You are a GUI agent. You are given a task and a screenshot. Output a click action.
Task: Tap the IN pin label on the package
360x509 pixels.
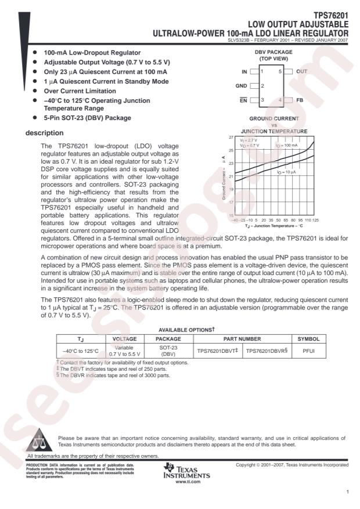tap(245, 71)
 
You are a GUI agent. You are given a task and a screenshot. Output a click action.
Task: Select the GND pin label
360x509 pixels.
tap(242, 85)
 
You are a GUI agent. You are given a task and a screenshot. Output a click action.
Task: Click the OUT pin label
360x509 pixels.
tap(302, 71)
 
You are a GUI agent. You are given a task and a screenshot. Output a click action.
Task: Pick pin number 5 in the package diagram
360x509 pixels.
tap(280, 71)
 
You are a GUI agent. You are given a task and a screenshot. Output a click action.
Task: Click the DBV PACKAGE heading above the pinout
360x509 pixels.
tap(273, 52)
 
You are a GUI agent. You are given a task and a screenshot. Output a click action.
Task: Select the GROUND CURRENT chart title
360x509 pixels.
tap(273, 118)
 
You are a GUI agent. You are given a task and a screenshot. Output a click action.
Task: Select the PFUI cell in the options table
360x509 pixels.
tap(309, 351)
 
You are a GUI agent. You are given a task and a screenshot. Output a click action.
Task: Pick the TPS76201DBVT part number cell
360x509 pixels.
tap(216, 351)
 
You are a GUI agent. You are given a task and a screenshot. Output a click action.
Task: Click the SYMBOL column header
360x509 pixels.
tap(309, 338)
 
